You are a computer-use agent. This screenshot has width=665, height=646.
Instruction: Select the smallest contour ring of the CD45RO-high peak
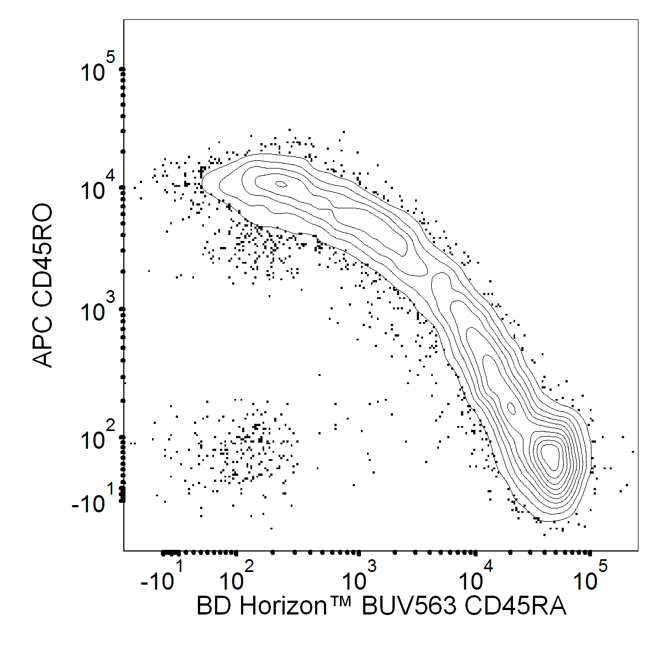[x=281, y=184]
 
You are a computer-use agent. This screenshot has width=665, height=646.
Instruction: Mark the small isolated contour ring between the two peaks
[x=511, y=408]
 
